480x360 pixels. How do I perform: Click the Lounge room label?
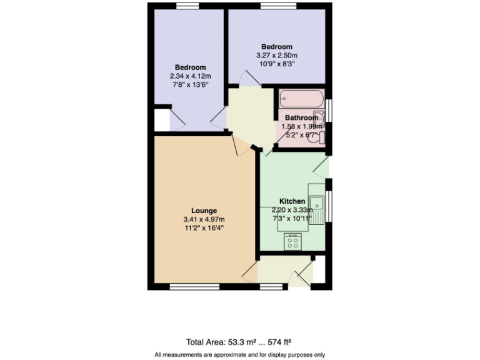(x=204, y=211)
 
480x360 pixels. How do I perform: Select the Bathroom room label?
(x=301, y=117)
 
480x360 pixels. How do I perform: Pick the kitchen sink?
(x=317, y=202)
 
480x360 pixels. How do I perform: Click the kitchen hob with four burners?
(x=292, y=241)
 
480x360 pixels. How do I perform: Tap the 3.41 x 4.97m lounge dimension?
(x=204, y=219)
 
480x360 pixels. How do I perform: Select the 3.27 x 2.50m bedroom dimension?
(x=276, y=55)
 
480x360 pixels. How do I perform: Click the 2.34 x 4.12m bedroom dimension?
(x=190, y=76)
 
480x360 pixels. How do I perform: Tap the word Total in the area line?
(x=196, y=342)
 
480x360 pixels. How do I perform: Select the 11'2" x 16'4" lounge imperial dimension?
(x=204, y=228)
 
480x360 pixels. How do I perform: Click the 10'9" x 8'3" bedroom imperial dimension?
(x=276, y=63)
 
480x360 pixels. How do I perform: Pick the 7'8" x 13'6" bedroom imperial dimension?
(x=190, y=84)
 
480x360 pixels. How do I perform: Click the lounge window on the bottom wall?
(x=186, y=287)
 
